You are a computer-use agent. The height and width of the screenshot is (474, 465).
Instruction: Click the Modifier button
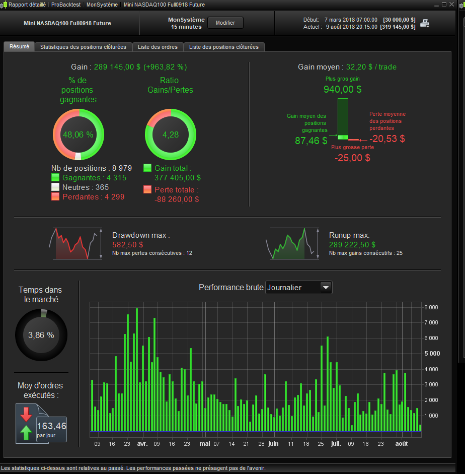(225, 23)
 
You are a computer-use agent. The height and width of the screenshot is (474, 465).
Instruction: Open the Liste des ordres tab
(158, 47)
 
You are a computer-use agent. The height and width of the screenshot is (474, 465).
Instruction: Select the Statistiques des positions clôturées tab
(83, 47)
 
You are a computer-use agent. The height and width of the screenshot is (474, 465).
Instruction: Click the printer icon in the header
(425, 23)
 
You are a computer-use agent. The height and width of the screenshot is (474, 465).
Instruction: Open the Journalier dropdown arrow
(326, 288)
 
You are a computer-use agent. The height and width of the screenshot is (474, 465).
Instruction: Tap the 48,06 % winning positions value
(78, 134)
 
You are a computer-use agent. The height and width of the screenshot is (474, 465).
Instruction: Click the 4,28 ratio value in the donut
(171, 134)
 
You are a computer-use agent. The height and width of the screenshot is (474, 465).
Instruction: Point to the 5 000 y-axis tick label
(432, 354)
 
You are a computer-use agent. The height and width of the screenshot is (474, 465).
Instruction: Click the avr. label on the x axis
(142, 444)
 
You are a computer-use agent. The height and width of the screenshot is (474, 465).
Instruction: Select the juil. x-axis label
(336, 444)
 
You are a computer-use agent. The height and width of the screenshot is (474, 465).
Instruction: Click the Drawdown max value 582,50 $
(128, 245)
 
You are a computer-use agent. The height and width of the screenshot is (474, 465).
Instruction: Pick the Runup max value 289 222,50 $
(352, 245)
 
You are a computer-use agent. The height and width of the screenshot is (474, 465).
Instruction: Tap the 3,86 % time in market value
(41, 335)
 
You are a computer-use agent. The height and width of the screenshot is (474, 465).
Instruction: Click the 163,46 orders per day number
(52, 426)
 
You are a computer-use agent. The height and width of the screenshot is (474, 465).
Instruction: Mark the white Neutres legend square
(55, 187)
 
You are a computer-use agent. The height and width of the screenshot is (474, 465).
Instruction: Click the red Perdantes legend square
(55, 197)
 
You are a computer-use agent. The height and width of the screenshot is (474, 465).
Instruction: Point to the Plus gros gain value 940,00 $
(342, 89)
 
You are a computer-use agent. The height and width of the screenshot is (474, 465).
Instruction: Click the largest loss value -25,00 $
(352, 158)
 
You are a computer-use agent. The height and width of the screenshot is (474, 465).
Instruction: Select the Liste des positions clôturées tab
(224, 47)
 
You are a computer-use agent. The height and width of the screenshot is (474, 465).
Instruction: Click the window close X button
(452, 4)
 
